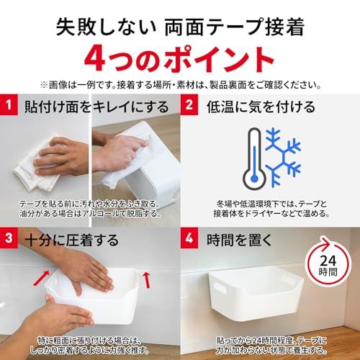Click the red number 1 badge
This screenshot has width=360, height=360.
(x=9, y=105)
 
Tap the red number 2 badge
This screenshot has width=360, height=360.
(x=189, y=105)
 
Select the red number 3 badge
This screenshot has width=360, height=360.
(x=9, y=238)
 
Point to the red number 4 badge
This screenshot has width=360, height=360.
(x=189, y=238)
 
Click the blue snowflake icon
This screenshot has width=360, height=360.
(x=283, y=158)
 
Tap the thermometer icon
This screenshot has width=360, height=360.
(x=254, y=158)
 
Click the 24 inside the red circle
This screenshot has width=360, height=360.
(x=328, y=261)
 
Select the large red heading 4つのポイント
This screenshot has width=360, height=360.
(x=180, y=60)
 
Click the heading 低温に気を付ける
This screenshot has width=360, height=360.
(x=261, y=107)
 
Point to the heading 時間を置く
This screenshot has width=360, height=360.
(x=240, y=240)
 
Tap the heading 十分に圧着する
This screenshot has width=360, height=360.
(x=72, y=240)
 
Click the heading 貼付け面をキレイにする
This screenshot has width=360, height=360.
(x=96, y=107)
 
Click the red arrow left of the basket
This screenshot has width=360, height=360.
(x=41, y=279)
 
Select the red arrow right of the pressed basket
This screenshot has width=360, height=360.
(x=146, y=279)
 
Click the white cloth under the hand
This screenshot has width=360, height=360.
(x=36, y=168)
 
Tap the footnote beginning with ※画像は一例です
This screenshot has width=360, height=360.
(x=181, y=85)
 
